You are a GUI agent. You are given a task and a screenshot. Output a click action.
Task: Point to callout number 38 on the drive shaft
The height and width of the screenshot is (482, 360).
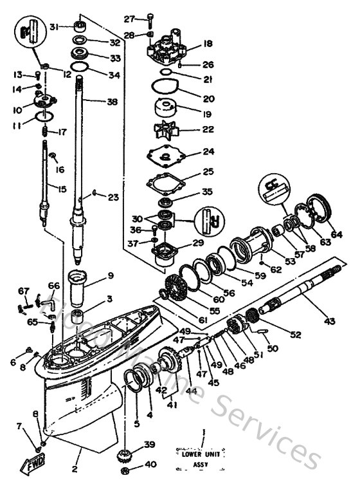coord(112,101)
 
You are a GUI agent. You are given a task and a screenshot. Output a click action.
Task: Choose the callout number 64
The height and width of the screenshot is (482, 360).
coord(337,234)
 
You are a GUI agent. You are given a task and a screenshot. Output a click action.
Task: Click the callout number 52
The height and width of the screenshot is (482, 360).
coord(296,335)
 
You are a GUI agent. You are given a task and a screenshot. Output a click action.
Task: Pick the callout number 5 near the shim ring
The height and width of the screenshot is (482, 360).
coord(136,423)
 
